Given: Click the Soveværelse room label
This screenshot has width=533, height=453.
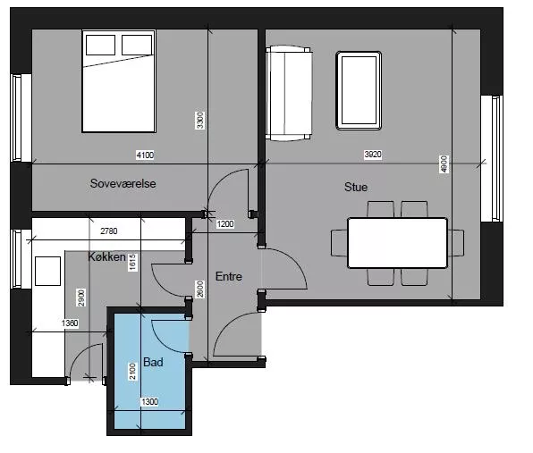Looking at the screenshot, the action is click(123, 184).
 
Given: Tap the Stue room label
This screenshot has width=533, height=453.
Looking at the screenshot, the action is click(356, 187).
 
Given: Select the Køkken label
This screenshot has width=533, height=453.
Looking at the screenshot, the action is click(106, 256).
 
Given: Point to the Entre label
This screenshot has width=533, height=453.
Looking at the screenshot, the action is click(229, 276).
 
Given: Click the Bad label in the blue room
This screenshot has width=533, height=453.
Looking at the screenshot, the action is click(153, 363).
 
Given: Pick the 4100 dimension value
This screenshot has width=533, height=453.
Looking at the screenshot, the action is click(145, 155).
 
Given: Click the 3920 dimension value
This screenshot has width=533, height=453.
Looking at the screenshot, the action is click(373, 155).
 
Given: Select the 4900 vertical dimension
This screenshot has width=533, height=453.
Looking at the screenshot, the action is click(444, 164).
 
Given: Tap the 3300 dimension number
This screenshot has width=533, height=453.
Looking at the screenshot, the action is click(200, 121).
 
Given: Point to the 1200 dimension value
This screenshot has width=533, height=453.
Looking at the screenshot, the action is click(225, 224).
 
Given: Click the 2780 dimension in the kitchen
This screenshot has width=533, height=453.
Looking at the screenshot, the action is click(109, 231).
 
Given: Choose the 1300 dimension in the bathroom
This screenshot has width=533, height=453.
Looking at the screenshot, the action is click(150, 402).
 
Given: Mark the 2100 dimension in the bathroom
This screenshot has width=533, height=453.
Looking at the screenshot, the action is click(132, 371).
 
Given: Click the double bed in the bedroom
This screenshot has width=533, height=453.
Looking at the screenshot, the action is click(119, 81).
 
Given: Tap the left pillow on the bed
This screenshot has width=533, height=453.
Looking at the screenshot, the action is click(100, 45).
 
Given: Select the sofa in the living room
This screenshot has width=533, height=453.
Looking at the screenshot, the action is click(289, 94).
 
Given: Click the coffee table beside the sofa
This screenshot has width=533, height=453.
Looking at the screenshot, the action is click(359, 90).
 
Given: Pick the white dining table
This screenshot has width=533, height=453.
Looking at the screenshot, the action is click(397, 243).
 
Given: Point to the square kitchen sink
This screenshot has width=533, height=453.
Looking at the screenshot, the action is click(48, 271).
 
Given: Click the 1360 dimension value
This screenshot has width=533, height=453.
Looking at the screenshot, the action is click(70, 323).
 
